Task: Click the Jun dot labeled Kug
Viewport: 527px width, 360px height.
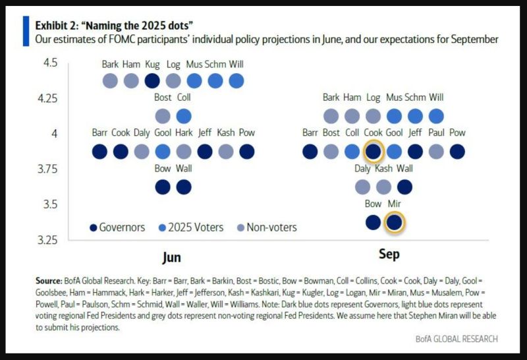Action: coord(152,81)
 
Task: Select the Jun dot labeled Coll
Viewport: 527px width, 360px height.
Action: coord(184,116)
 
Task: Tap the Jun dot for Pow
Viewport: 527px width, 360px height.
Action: coord(247,152)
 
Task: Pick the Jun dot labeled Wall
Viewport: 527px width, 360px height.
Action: coord(184,187)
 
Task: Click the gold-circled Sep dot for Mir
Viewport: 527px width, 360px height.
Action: coord(394,223)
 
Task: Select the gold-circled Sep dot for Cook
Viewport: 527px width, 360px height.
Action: coord(373,152)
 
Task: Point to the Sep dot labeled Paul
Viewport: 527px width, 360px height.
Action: coord(436,152)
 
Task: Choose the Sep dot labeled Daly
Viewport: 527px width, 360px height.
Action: coord(362,187)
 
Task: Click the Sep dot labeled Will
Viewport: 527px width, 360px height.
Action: coord(436,116)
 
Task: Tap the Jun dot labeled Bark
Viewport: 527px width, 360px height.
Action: coord(110,81)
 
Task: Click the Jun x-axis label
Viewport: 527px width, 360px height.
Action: coord(172,256)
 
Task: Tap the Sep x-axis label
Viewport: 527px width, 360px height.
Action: coord(389,254)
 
